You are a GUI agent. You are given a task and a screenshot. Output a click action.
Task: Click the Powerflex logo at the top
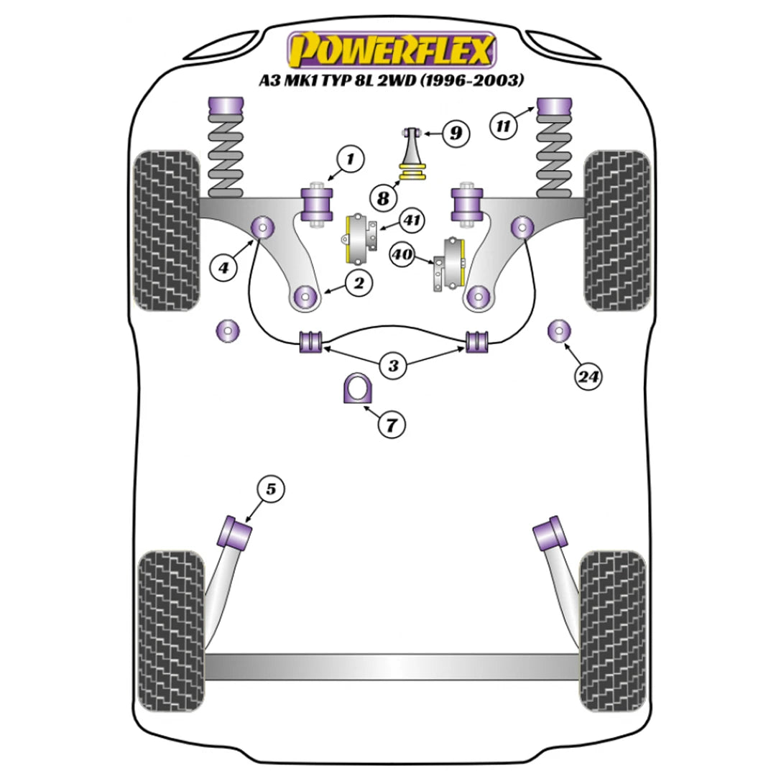[392, 50]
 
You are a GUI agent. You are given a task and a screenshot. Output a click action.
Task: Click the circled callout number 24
[588, 375]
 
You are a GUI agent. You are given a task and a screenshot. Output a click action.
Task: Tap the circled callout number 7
[391, 425]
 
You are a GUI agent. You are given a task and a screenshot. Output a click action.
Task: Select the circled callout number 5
[270, 489]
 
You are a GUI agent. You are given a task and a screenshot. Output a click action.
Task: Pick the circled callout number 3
[392, 366]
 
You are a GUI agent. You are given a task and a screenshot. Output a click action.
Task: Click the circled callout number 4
[224, 268]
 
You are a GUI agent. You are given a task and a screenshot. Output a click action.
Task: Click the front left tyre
[167, 230]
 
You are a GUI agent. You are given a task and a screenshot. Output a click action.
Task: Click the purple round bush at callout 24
[558, 331]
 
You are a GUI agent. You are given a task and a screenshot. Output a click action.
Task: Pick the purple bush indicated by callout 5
[236, 532]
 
